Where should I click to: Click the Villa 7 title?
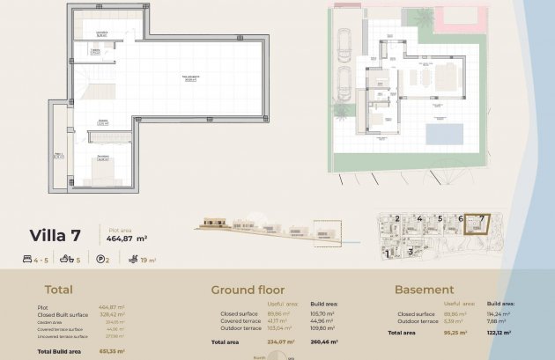55,235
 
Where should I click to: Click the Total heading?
59,290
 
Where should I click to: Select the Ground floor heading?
247,290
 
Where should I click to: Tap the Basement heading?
424,290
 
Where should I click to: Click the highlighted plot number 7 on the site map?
481,218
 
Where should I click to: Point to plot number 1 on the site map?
388,253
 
